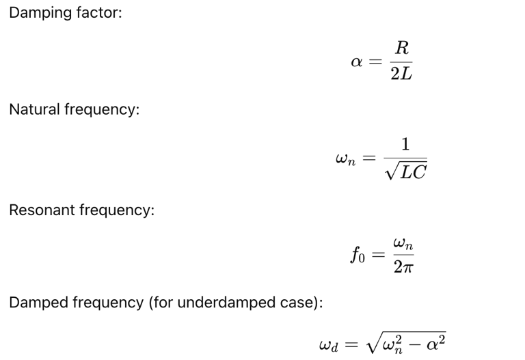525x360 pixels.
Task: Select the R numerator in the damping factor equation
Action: pos(402,48)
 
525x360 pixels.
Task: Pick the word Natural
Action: pos(35,109)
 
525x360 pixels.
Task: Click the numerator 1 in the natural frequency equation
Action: pos(405,144)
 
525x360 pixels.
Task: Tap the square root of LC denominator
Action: pos(405,171)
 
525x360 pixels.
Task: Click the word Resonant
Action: pos(42,210)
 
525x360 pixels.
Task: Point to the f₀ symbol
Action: pos(358,256)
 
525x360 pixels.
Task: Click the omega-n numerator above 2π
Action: pos(403,243)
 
